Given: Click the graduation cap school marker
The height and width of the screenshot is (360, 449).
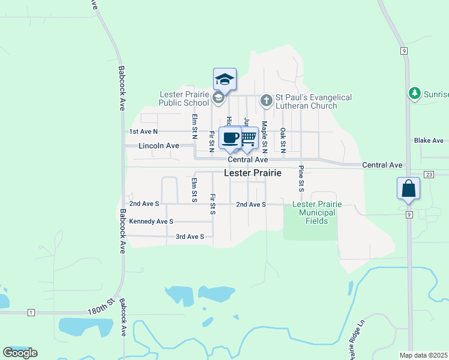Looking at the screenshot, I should pyautogui.click(x=224, y=79).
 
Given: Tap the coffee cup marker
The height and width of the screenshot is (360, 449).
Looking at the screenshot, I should pyautogui.click(x=231, y=138).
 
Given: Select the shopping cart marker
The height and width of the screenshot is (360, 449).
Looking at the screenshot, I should pyautogui.click(x=248, y=138).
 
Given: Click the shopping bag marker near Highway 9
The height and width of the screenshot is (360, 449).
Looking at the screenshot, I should pyautogui.click(x=408, y=188).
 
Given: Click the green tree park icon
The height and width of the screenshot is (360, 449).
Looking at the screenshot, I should pyautogui.click(x=414, y=94).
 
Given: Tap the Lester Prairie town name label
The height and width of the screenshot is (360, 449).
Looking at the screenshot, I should pyautogui.click(x=252, y=173).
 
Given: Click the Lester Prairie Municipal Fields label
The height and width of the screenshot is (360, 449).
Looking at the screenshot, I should pyautogui.click(x=316, y=212).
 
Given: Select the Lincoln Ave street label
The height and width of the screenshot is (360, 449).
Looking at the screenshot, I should pyautogui.click(x=158, y=146).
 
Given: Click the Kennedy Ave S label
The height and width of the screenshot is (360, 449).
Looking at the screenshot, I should pyautogui.click(x=151, y=221).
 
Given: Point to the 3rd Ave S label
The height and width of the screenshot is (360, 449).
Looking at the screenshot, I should pyautogui.click(x=190, y=237).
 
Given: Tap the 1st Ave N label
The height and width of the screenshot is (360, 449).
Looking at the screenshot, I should pyautogui.click(x=143, y=131).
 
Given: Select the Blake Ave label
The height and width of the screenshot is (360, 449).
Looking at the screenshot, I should pyautogui.click(x=429, y=141).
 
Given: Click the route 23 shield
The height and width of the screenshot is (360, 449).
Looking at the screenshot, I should pyautogui.click(x=428, y=174).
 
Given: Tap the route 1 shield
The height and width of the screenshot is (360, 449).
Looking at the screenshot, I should pyautogui.click(x=31, y=313).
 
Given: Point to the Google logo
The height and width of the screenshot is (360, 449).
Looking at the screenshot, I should pyautogui.click(x=20, y=353).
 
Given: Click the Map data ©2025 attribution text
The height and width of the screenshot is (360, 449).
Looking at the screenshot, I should pyautogui.click(x=423, y=355).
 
